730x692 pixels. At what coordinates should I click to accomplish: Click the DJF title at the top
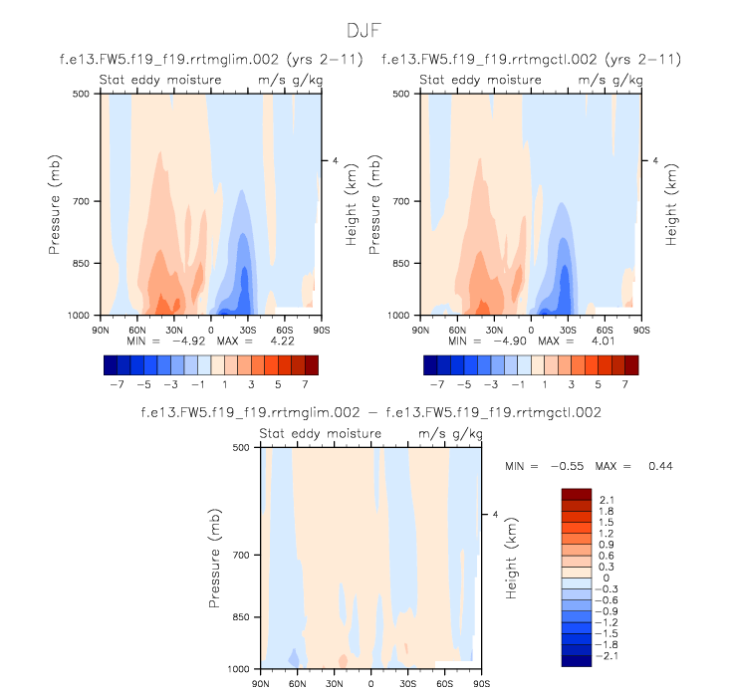(364, 30)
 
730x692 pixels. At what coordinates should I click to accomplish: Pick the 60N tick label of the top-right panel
(457, 328)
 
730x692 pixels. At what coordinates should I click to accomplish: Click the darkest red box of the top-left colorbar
(310, 364)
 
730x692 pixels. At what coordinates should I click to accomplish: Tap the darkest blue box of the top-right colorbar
(430, 364)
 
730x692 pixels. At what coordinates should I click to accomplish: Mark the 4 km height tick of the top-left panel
(335, 160)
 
